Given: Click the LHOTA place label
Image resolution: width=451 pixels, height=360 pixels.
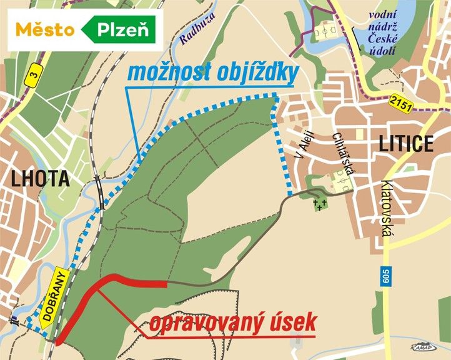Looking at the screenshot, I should tap(39, 179).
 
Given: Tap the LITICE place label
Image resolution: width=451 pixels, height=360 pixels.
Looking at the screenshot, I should tap(405, 144).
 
